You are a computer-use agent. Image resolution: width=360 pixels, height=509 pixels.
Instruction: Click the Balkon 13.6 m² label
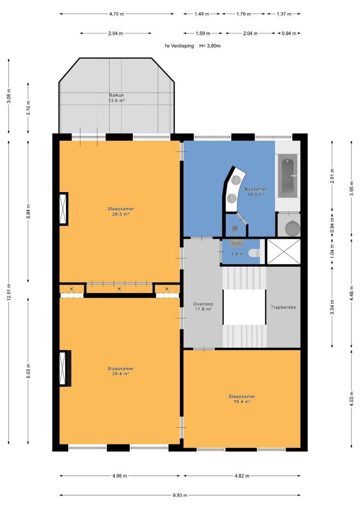[116, 98]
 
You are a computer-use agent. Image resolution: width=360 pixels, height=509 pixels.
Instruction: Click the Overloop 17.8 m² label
[203, 306]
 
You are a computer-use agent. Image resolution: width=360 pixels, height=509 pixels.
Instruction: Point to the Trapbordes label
[283, 307]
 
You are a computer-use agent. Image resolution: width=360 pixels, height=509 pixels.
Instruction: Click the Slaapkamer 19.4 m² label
[242, 399]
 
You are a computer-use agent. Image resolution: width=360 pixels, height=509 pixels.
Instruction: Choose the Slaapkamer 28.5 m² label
[121, 211]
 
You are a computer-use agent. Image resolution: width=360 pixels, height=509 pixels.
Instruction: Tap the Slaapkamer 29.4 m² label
[121, 371]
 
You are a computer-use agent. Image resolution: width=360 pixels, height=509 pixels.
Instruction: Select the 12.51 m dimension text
[9, 292]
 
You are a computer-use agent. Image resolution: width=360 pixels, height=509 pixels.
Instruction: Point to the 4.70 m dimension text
[116, 14]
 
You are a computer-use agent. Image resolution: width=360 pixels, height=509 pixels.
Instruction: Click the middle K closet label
[120, 288]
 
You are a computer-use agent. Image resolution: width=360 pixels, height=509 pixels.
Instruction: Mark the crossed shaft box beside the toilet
[283, 252]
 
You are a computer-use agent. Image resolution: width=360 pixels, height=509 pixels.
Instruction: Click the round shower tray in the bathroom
[293, 228]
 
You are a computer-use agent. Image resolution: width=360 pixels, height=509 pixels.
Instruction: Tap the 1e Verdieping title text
[179, 46]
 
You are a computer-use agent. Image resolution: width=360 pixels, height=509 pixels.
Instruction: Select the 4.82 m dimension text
[242, 476]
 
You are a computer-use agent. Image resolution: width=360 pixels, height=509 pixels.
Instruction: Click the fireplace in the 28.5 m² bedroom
[64, 209]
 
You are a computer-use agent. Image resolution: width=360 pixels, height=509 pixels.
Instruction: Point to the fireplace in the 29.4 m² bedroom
[65, 368]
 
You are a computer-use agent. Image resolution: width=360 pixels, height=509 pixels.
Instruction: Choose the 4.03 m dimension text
[351, 399]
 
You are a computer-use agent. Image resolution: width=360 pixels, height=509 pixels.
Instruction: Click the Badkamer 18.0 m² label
[256, 191]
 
